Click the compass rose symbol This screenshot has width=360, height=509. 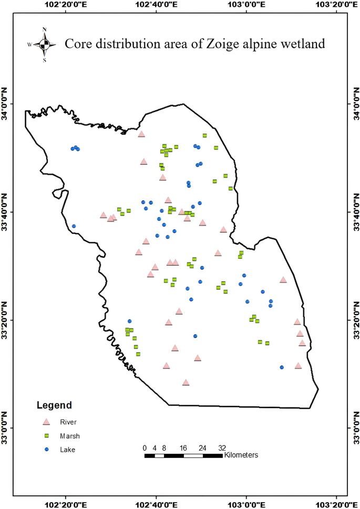pyautogui.click(x=45, y=44)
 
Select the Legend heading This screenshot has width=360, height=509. pyautogui.click(x=54, y=405)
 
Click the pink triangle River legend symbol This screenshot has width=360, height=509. pyautogui.click(x=46, y=422)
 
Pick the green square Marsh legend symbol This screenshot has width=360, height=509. pyautogui.click(x=46, y=435)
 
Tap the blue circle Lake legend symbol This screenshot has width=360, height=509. pyautogui.click(x=46, y=449)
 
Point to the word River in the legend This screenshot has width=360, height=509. pyautogui.click(x=68, y=422)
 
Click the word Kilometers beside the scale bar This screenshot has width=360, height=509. pyautogui.click(x=241, y=454)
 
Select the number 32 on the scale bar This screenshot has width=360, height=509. pyautogui.click(x=222, y=447)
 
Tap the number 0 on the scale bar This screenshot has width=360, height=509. pyautogui.click(x=145, y=447)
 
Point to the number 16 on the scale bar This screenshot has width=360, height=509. pyautogui.click(x=183, y=447)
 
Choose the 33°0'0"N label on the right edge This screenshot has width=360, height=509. pyautogui.click(x=354, y=427)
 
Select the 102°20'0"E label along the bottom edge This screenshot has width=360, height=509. pyautogui.click(x=65, y=503)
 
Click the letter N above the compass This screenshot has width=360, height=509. pyautogui.click(x=45, y=29)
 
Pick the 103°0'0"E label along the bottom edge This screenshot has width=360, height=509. pyautogui.click(x=246, y=503)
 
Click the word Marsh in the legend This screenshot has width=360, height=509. pyautogui.click(x=70, y=435)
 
